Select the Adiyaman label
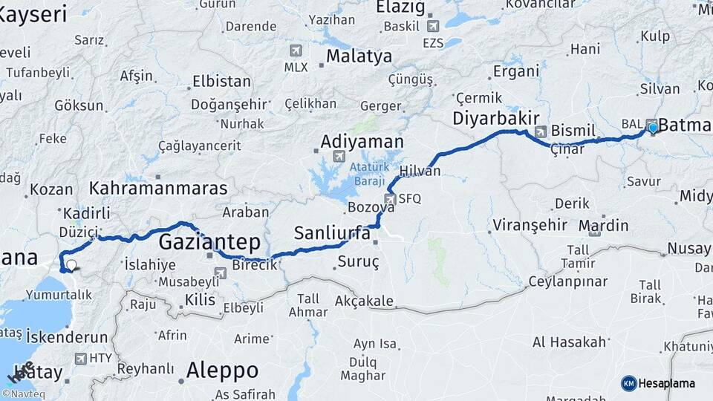point(362,141)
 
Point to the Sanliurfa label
point(332,232)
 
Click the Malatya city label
point(359,56)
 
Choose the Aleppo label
point(222,369)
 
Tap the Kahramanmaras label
point(158,188)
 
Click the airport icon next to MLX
point(296,50)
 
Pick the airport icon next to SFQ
point(390,198)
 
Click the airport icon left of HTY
point(80,358)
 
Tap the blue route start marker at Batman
point(653,128)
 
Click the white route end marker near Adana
point(71,264)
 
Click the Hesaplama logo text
point(666,383)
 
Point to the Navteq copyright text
point(24,394)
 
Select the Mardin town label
point(603,225)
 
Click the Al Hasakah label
point(569,342)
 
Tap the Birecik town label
point(255,265)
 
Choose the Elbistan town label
point(222,81)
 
